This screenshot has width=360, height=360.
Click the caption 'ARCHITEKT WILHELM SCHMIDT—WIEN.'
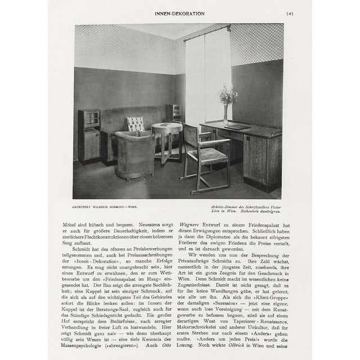point(108,207)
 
